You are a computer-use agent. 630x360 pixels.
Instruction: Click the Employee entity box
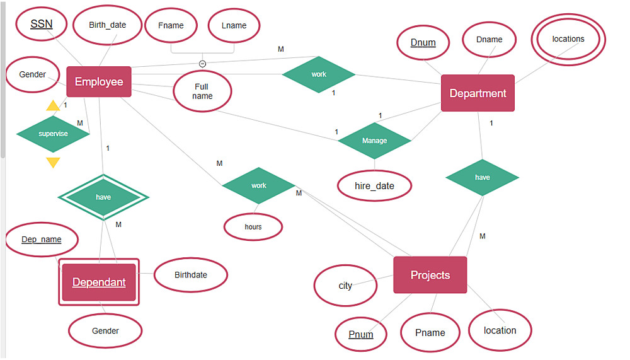pos(99,82)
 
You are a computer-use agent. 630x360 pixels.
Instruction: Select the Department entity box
pos(478,93)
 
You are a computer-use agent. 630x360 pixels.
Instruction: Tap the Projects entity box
pos(430,275)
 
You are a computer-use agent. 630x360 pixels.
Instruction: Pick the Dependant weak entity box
pos(99,282)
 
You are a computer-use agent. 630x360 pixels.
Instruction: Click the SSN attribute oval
pos(42,25)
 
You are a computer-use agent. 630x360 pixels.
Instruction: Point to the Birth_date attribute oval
pos(108,25)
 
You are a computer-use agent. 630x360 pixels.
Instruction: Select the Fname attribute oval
pos(171,25)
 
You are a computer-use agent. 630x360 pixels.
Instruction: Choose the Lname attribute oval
pos(234,25)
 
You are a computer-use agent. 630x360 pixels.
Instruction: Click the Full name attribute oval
pos(202,91)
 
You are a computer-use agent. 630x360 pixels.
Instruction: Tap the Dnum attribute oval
pos(423,43)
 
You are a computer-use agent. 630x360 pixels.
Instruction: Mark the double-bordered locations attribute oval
pos(568,39)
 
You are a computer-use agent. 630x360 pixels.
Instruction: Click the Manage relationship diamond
pos(374,141)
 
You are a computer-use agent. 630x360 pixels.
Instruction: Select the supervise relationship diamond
pos(53,134)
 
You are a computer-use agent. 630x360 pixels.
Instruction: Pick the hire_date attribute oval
pos(374,186)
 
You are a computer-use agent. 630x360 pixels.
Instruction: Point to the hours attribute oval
pos(253,226)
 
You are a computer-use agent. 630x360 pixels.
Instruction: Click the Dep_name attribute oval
pos(42,240)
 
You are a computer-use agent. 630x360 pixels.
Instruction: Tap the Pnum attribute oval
pos(360,334)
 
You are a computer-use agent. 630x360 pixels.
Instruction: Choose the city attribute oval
pos(345,286)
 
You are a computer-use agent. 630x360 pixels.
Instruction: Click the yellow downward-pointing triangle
pos(54,163)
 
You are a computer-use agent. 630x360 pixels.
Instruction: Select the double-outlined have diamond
pos(103,197)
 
